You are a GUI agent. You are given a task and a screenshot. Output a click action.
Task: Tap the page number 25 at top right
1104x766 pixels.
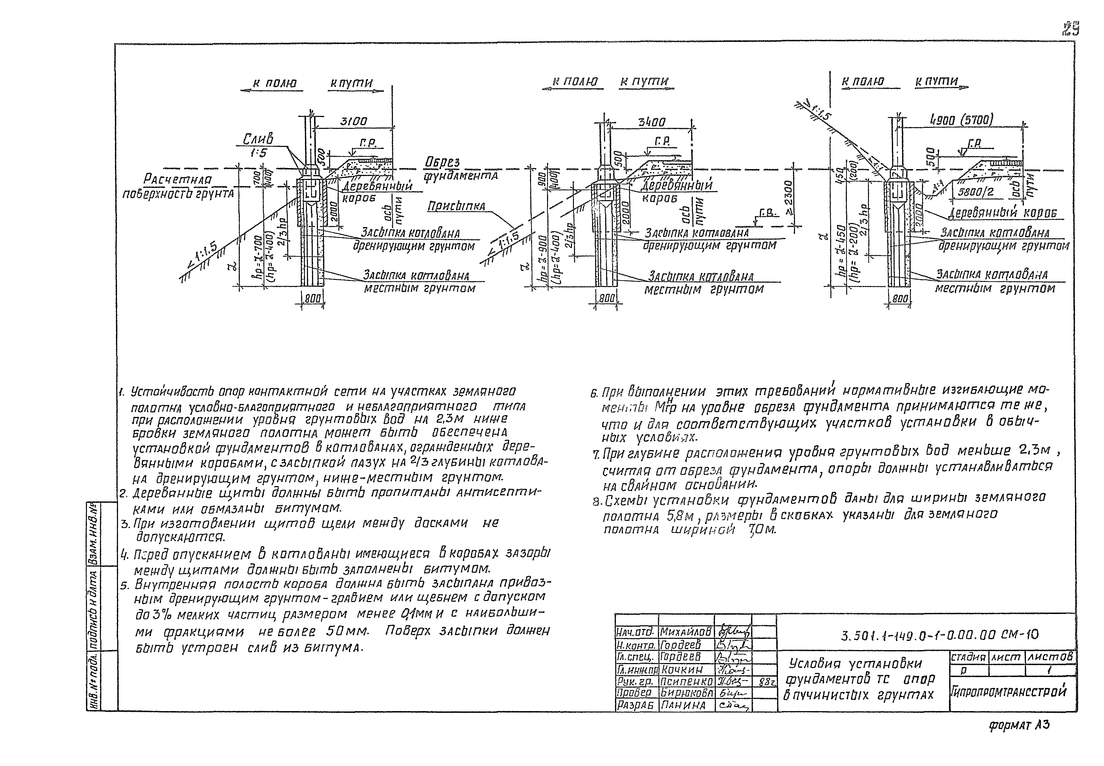1070,30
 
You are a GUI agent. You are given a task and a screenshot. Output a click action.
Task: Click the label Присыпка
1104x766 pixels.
456,206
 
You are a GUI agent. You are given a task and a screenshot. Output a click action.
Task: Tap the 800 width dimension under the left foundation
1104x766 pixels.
313,299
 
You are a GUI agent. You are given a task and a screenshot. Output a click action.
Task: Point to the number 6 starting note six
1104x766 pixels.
593,393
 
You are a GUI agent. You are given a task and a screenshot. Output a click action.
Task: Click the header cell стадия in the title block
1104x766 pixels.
968,657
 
